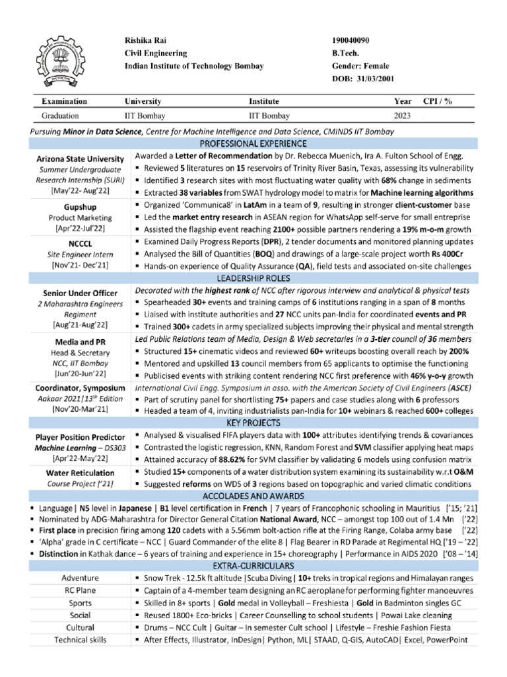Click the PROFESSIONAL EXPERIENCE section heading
coord(253,143)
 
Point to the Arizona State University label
coord(79,159)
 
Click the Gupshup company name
coord(79,207)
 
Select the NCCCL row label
coord(79,243)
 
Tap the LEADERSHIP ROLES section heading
coord(253,278)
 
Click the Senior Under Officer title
coord(80,293)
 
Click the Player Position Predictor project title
coord(80,438)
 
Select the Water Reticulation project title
coord(80,473)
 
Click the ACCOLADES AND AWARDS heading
coord(253,496)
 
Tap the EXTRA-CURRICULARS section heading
coord(253,567)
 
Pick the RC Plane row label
coord(80,590)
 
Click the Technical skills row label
coord(80,639)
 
